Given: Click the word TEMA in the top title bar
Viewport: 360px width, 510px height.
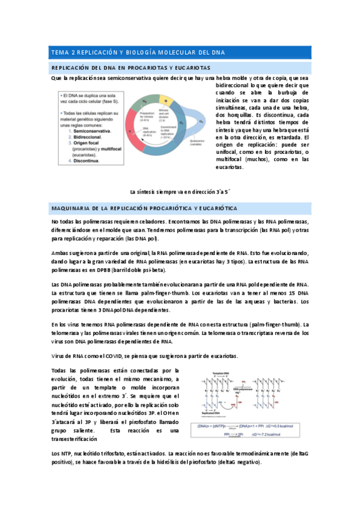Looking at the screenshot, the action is [59, 53].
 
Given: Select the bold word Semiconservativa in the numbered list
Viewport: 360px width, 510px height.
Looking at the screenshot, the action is [96, 131].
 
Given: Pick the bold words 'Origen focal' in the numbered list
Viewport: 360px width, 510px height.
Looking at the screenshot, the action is [87, 142].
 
